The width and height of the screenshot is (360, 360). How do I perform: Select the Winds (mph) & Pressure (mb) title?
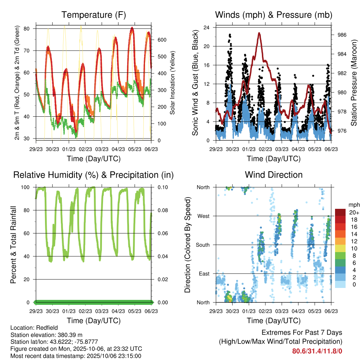pos(274,15)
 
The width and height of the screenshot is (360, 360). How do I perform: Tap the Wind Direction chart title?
pos(274,175)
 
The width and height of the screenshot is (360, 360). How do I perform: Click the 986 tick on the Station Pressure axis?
pos(342,35)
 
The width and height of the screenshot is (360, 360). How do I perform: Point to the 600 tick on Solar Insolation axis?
pos(161,40)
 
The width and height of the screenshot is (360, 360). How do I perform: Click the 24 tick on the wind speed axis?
pos(207,27)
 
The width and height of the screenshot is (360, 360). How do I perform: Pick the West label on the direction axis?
pos(203,216)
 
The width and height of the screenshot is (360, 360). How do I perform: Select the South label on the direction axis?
pos(202,245)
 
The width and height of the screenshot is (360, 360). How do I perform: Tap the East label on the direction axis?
pos(204,274)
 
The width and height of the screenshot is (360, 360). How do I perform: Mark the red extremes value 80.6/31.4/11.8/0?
pos(317,351)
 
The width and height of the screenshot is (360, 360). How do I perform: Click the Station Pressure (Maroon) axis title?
pos(354,83)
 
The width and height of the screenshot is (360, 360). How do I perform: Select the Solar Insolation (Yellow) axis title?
pos(173,83)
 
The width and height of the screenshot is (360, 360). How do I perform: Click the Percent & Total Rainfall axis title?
pos(13,245)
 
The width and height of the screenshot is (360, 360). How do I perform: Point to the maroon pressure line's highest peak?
pos(259,33)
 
